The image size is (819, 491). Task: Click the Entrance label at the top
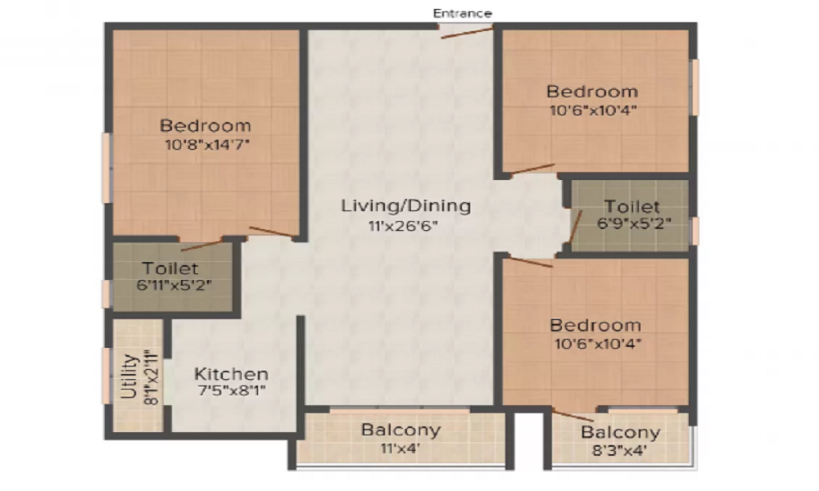[462, 13]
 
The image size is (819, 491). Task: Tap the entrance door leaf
[467, 33]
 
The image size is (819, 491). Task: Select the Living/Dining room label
[406, 206]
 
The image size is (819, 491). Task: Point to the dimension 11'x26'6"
[403, 226]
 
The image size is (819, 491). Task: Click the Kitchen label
[232, 374]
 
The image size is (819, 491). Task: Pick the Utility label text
[129, 376]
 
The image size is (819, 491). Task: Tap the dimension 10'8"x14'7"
[207, 144]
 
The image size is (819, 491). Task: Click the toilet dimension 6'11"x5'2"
[174, 286]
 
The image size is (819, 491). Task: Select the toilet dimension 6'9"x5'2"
[634, 223]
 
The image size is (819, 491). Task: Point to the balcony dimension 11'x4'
[400, 448]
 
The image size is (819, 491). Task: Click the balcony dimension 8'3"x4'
[620, 450]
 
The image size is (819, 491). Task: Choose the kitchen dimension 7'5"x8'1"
[232, 390]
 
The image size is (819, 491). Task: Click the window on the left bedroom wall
[106, 168]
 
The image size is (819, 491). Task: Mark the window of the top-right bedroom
[695, 87]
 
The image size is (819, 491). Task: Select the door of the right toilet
[575, 227]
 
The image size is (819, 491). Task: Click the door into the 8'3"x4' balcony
[573, 416]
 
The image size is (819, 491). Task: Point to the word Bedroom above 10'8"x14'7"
[206, 126]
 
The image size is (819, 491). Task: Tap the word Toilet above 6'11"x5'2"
[170, 268]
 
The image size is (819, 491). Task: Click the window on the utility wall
[106, 376]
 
